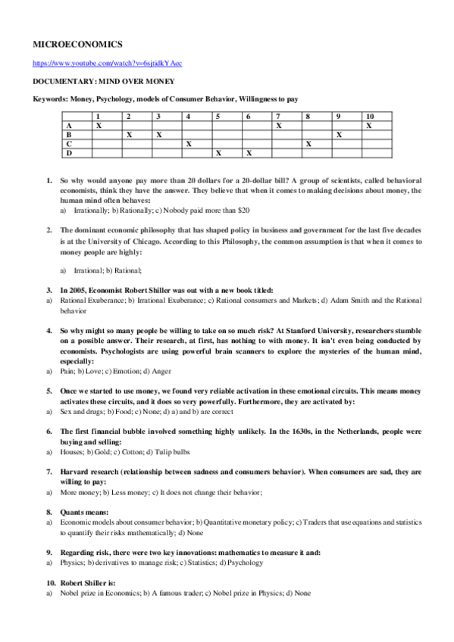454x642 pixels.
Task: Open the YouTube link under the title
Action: coord(107,63)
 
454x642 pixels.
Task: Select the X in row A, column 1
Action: coord(98,125)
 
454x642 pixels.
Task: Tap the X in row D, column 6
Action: coord(248,152)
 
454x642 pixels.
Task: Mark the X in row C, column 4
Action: coord(188,143)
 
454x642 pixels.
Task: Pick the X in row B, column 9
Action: coord(339,134)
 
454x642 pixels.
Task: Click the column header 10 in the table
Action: coord(369,116)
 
